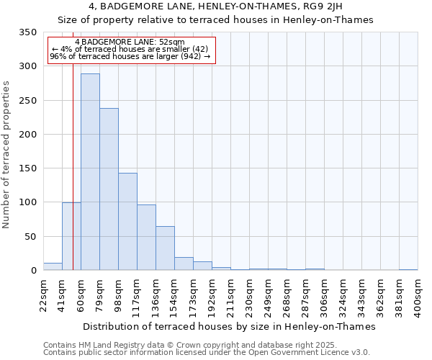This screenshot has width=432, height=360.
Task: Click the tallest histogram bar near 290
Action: [90, 172]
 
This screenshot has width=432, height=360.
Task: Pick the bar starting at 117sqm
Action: [146, 238]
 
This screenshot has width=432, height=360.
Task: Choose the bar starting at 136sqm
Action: [165, 248]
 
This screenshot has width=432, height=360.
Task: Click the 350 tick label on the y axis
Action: [27, 32]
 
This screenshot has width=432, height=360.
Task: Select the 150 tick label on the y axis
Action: [27, 168]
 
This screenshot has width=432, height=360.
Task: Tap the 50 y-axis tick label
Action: [30, 237]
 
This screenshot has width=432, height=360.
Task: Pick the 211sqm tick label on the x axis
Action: [230, 295]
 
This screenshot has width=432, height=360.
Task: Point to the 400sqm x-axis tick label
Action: [418, 295]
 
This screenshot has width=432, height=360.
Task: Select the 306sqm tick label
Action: [324, 295]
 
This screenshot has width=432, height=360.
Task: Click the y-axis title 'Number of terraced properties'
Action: [7, 155]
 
